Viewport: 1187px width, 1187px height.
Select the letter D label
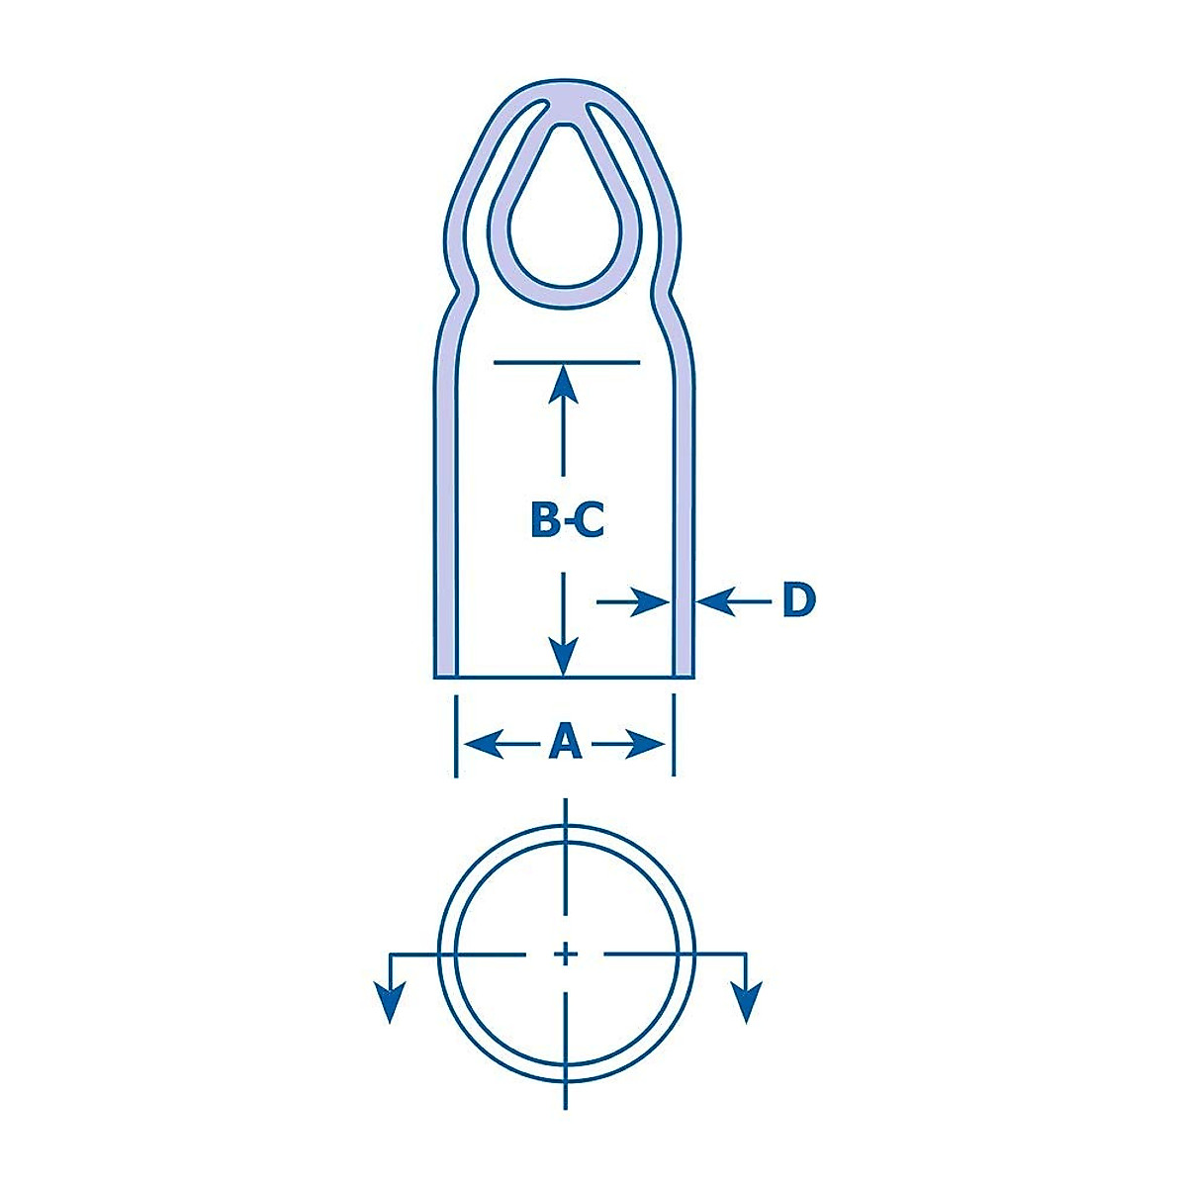(x=798, y=600)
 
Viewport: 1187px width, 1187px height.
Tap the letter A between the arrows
(x=565, y=742)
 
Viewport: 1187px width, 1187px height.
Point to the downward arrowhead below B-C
(x=564, y=656)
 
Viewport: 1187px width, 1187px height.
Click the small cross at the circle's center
(x=565, y=954)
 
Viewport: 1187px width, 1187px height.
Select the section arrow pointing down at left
(x=392, y=1003)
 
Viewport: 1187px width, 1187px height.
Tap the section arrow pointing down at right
(x=748, y=1003)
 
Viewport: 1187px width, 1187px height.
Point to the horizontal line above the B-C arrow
(x=566, y=363)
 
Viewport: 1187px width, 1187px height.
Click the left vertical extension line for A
(x=455, y=737)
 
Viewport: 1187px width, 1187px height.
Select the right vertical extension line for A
(x=675, y=737)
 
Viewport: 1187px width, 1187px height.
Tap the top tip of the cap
(x=565, y=88)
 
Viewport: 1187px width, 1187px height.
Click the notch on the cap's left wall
(x=457, y=291)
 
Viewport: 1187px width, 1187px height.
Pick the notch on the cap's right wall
(x=673, y=291)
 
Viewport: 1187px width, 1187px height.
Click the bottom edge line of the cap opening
(x=565, y=678)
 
